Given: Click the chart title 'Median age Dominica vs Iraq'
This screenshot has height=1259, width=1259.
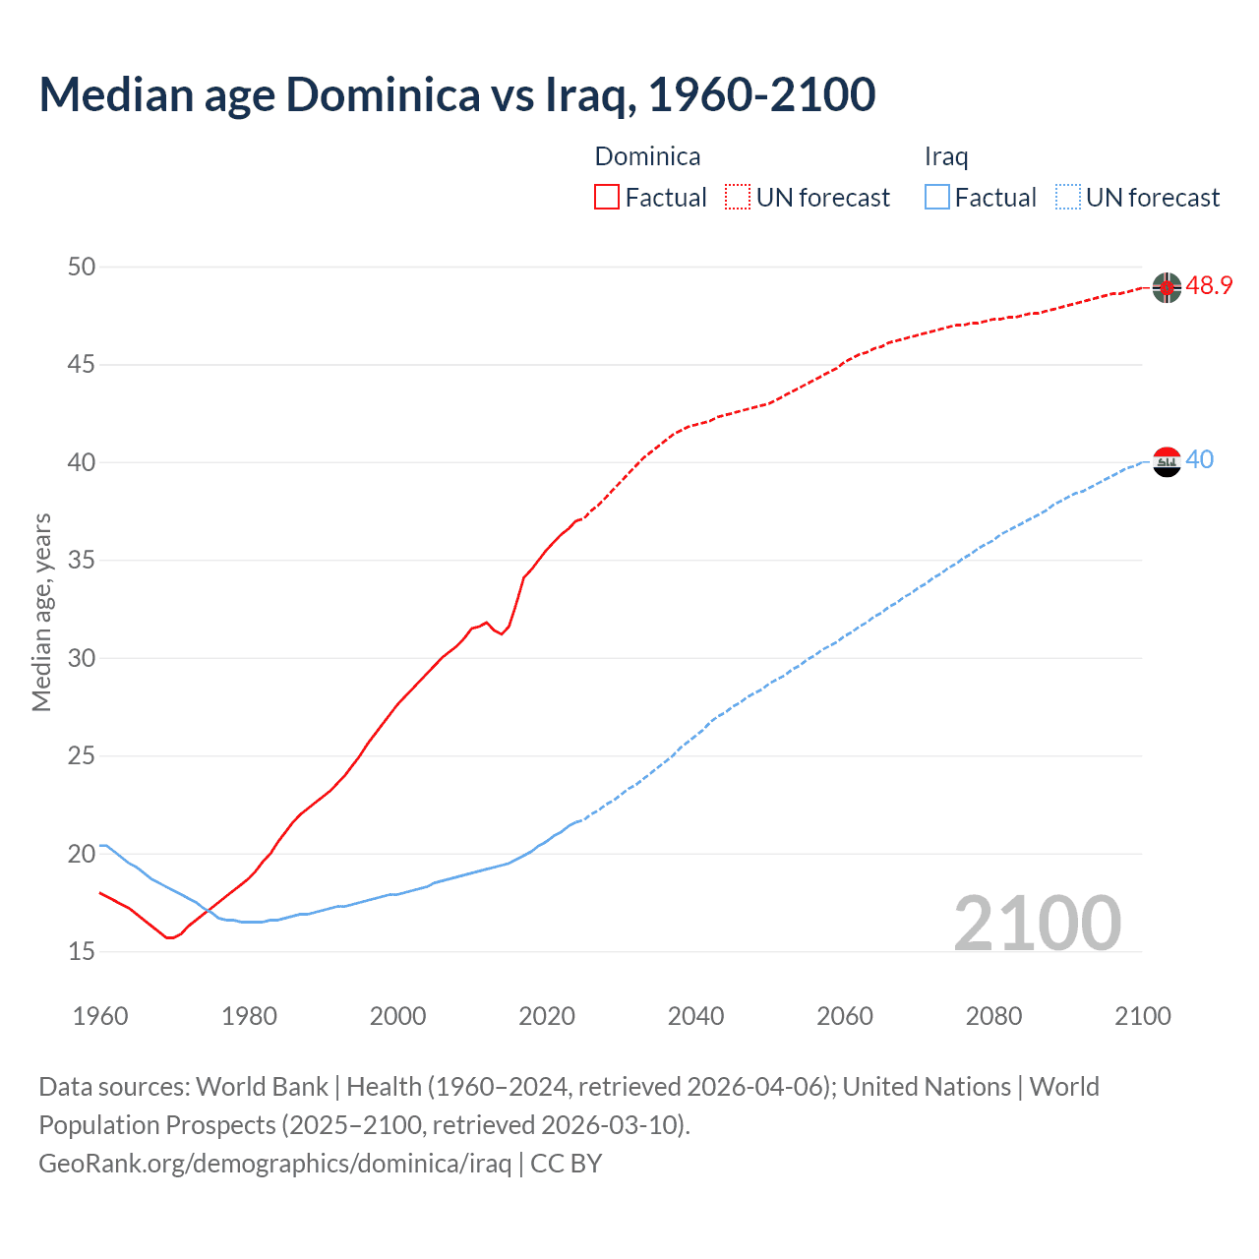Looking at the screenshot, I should click(x=456, y=95).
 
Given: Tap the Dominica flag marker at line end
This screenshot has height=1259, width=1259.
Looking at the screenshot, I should click(x=1167, y=287).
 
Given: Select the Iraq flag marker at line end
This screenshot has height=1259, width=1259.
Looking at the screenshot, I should click(x=1167, y=461).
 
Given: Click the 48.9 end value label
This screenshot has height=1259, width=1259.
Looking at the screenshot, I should click(x=1209, y=286).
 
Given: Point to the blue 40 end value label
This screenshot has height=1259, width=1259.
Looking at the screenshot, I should click(x=1200, y=460).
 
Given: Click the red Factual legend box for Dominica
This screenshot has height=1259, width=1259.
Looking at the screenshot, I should click(x=607, y=198).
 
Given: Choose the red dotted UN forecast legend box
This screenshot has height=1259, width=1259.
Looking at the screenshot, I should click(x=738, y=198).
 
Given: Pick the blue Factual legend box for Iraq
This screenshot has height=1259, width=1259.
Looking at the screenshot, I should click(x=937, y=198).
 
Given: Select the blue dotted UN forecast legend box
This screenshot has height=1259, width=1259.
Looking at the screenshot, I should click(x=1068, y=198).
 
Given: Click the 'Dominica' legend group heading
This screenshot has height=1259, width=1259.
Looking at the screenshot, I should click(x=647, y=157).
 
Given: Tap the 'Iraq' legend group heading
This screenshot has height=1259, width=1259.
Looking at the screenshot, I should click(x=946, y=157).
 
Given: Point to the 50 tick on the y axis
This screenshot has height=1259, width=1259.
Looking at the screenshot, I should click(x=83, y=268).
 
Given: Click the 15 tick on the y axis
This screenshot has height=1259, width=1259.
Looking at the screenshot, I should click(x=83, y=952).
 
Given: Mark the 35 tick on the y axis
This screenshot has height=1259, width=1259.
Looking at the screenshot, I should click(x=83, y=561).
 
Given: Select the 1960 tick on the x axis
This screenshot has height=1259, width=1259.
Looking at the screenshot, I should click(x=100, y=1016).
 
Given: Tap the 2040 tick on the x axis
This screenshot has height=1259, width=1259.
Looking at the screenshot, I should click(x=695, y=1016).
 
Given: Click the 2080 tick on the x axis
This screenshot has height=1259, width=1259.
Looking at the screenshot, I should click(x=993, y=1016).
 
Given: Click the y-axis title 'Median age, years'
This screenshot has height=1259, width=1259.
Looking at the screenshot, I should click(x=41, y=612).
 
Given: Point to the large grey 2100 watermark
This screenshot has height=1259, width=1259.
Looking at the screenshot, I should click(x=1037, y=923).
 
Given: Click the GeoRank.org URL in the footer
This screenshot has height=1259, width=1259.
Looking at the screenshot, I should click(x=274, y=1164).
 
